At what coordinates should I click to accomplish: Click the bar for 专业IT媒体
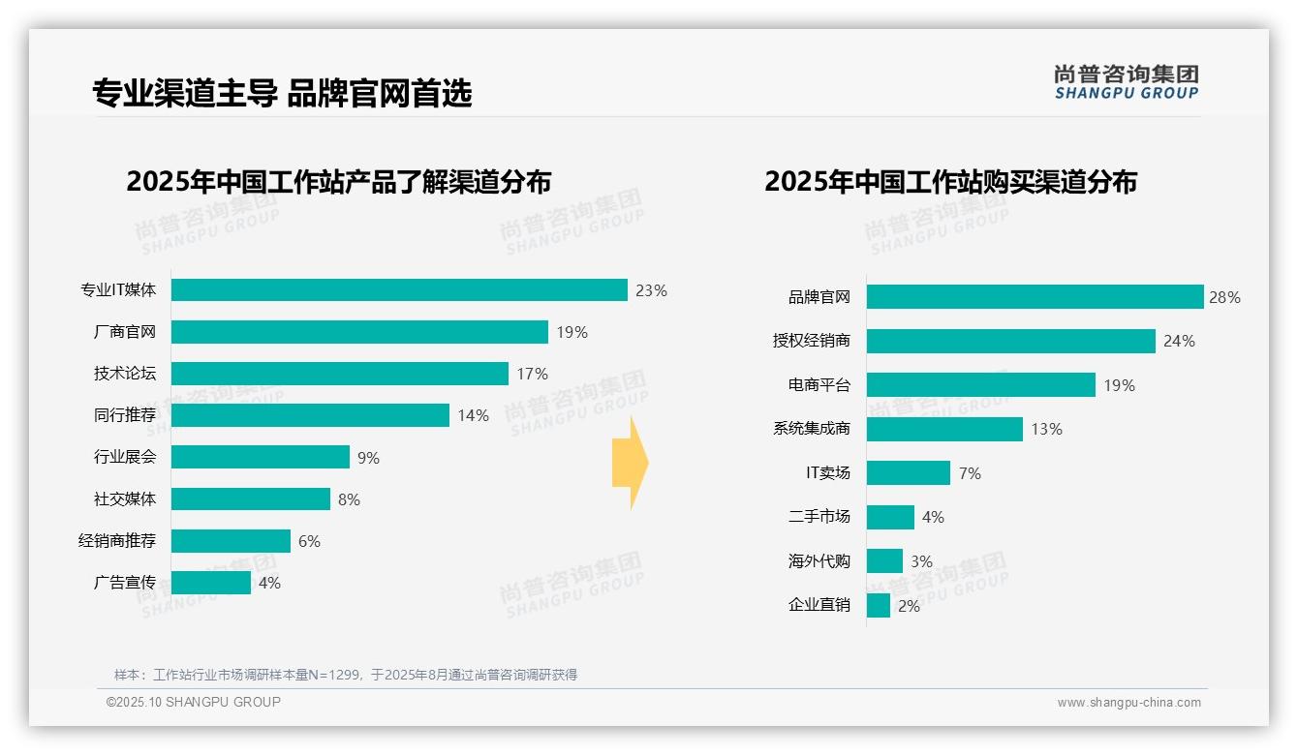[x=399, y=290]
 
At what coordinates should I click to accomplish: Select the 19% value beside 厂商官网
[x=572, y=332]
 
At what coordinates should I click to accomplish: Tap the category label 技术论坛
[x=125, y=374]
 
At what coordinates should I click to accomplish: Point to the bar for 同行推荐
[x=310, y=415]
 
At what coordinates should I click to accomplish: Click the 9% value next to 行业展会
[x=368, y=458]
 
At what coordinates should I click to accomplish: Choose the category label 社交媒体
[x=125, y=499]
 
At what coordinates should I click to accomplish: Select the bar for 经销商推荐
[x=231, y=541]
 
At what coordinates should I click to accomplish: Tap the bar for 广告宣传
[x=211, y=583]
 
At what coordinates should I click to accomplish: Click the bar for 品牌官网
[x=1035, y=297]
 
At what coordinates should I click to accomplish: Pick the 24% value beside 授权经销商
[x=1179, y=341]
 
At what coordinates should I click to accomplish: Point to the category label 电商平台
[x=819, y=385]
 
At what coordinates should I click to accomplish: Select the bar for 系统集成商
[x=944, y=429]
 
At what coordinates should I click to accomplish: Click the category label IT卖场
[x=828, y=473]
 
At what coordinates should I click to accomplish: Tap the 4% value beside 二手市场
[x=933, y=518]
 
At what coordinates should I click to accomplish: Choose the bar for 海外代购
[x=884, y=561]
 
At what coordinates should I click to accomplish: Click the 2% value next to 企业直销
[x=909, y=606]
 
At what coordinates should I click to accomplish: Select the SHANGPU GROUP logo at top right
[x=1126, y=82]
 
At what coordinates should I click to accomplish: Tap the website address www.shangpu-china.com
[x=1128, y=703]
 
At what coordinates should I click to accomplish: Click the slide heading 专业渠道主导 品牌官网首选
[x=282, y=94]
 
